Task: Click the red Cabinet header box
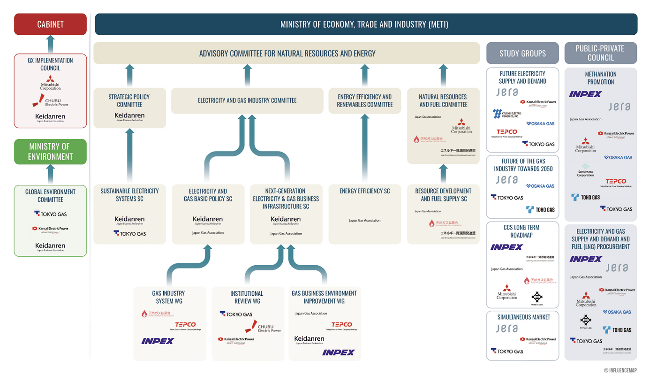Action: pos(50,24)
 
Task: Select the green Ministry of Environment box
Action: pos(50,152)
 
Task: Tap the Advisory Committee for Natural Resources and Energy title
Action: pos(287,54)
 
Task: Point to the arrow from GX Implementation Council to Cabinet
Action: pos(50,44)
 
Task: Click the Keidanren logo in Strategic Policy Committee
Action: pos(129,116)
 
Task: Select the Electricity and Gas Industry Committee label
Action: pos(247,100)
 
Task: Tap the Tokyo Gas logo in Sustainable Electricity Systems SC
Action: pos(129,233)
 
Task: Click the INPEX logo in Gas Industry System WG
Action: pos(158,341)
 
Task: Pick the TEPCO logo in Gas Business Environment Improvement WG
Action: pos(341,325)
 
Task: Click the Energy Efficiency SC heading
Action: pos(364,191)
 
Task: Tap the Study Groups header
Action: pos(522,54)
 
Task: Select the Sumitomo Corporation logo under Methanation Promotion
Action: pos(585,170)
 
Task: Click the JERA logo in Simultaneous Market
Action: pos(507,329)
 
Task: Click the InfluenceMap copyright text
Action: pos(620,370)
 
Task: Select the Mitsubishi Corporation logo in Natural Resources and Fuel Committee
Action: pos(461,127)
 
